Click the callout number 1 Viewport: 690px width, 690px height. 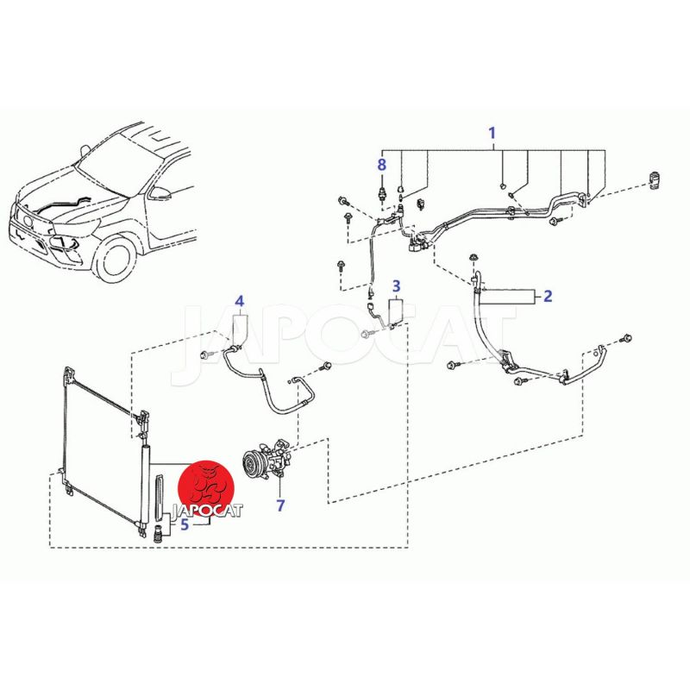(x=492, y=133)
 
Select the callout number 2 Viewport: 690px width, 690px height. (x=548, y=296)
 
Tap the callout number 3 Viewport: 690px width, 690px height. (x=396, y=286)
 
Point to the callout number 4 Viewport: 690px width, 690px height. (x=240, y=301)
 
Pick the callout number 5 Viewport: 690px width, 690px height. (x=185, y=524)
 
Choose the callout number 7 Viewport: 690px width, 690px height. (x=281, y=505)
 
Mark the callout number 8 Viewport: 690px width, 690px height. (x=381, y=165)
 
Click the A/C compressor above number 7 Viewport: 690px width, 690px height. (x=267, y=459)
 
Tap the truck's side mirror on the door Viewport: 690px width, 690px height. (x=160, y=192)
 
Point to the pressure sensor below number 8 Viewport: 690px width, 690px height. (x=381, y=192)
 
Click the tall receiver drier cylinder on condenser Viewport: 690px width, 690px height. (x=145, y=484)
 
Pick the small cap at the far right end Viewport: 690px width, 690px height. (x=654, y=180)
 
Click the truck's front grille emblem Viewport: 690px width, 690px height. (x=27, y=220)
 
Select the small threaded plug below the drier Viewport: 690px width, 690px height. (x=156, y=534)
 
